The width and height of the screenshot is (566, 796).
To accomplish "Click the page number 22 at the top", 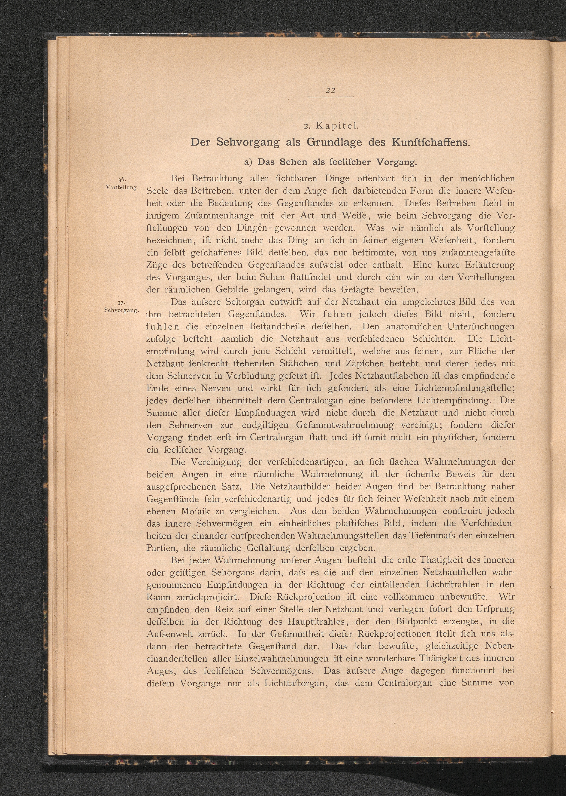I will pos(330,91).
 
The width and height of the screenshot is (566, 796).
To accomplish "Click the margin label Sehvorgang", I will pos(122,310).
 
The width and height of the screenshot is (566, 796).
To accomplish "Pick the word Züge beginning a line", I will pos(157,265).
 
